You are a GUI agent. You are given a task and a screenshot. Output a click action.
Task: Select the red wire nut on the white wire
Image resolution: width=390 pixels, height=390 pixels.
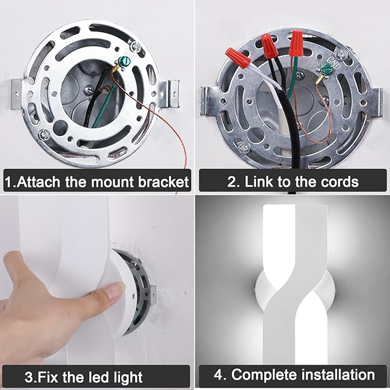click(238, 57)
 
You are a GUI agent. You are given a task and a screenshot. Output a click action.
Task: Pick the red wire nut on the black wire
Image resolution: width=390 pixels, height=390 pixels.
click(269, 45)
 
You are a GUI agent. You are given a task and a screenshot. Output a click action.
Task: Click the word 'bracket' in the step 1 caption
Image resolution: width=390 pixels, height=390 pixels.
click(163, 182)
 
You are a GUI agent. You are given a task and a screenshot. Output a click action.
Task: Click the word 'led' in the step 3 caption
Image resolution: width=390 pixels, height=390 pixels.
click(97, 377)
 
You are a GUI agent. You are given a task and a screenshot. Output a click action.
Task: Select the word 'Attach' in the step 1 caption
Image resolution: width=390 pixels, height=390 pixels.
click(39, 182)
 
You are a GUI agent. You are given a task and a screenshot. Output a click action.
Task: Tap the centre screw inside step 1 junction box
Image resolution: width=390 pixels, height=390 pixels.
click(89, 89)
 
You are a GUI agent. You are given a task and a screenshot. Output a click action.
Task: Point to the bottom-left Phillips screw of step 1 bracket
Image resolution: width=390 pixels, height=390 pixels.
click(45, 135)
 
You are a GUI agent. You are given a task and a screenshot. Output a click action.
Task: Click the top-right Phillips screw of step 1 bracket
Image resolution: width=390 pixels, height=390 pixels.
click(136, 45)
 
